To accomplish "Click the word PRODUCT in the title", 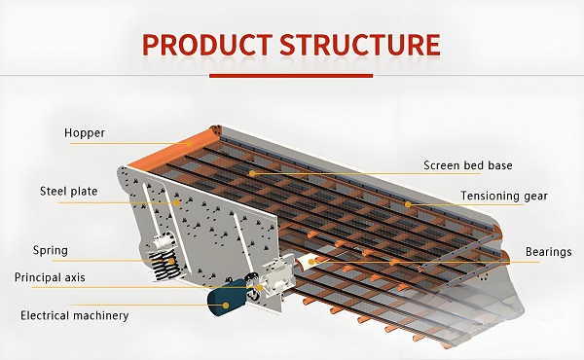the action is [x=207, y=45].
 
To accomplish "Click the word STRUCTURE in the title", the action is [x=360, y=45].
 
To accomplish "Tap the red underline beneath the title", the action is [x=291, y=76].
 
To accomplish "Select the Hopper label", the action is [x=85, y=133].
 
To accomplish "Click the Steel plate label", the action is [x=69, y=192].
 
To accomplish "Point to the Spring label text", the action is [x=51, y=250].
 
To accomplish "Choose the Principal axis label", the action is [x=50, y=277].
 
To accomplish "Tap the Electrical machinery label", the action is [x=75, y=315].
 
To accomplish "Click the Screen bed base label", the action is [x=468, y=165].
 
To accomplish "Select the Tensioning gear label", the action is [x=504, y=196].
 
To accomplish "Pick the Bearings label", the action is [x=548, y=252].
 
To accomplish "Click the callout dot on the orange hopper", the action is [x=189, y=144].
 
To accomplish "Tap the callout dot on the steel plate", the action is [x=177, y=203].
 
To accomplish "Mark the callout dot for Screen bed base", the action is [x=252, y=173].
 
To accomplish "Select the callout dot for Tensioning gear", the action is [x=408, y=204].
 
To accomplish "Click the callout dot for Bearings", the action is [x=311, y=262].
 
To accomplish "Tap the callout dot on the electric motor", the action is [x=226, y=306].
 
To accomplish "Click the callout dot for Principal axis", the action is [x=260, y=287].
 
